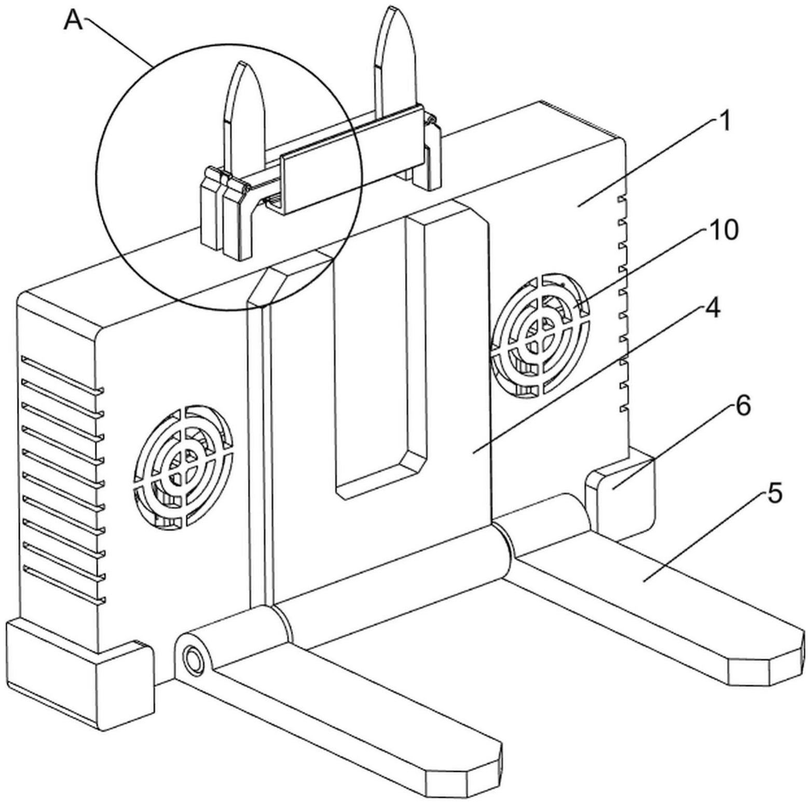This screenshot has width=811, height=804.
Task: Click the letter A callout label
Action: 74,21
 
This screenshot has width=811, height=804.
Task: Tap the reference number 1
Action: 724,121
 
